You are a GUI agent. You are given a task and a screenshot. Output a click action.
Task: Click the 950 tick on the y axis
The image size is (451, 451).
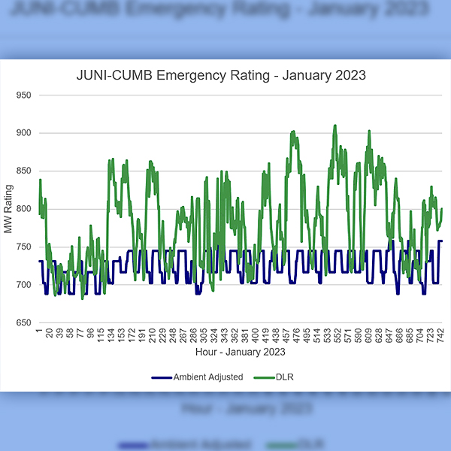point(25,95)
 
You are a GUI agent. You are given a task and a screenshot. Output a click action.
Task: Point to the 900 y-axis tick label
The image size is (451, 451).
point(25,133)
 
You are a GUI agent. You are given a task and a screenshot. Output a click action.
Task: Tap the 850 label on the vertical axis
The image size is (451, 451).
point(25,171)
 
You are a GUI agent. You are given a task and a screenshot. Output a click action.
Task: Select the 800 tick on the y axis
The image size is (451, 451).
point(25,209)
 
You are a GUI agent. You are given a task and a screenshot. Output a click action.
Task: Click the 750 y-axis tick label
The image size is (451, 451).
point(25,247)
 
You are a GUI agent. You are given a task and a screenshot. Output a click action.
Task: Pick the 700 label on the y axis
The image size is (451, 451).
point(25,285)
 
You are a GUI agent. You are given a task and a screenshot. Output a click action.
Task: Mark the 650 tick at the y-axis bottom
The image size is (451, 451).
point(25,323)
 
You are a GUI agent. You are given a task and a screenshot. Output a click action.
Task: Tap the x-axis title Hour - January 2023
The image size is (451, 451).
point(240,351)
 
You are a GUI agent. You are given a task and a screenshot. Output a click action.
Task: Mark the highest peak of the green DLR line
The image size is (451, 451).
point(335,126)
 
